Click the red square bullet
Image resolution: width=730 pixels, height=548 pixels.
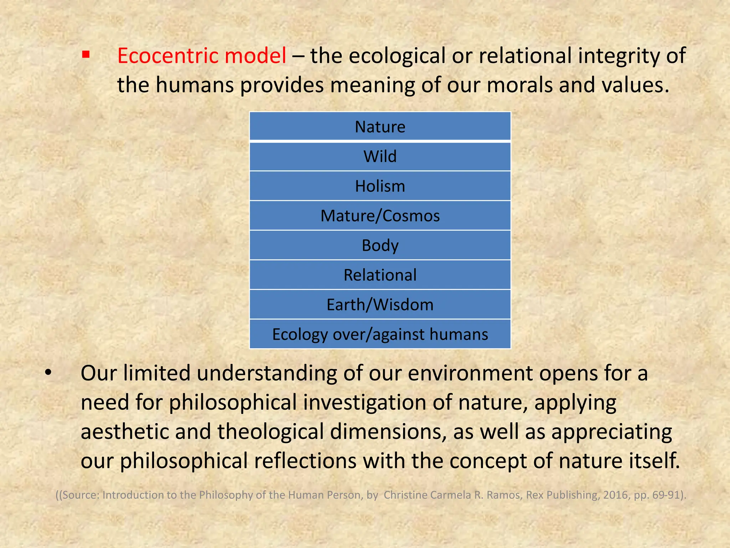tap(85, 55)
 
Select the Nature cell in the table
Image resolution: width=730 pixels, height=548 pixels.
tap(380, 127)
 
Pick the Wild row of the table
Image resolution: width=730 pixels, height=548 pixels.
tap(380, 156)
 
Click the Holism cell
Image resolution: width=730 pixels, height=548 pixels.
tap(380, 186)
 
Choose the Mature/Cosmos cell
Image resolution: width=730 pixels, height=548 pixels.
tap(380, 215)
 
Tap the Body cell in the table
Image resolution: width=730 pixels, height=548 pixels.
tap(380, 245)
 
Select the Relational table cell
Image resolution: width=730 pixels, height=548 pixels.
tap(380, 275)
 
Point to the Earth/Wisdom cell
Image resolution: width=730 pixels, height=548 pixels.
tap(380, 305)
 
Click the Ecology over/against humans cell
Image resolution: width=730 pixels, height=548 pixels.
tap(380, 334)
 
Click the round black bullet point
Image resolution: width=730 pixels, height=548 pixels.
tap(48, 373)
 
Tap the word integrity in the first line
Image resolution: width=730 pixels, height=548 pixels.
tap(618, 56)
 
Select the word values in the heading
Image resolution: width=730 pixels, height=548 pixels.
tap(634, 85)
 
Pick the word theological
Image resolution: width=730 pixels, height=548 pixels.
tap(271, 432)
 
